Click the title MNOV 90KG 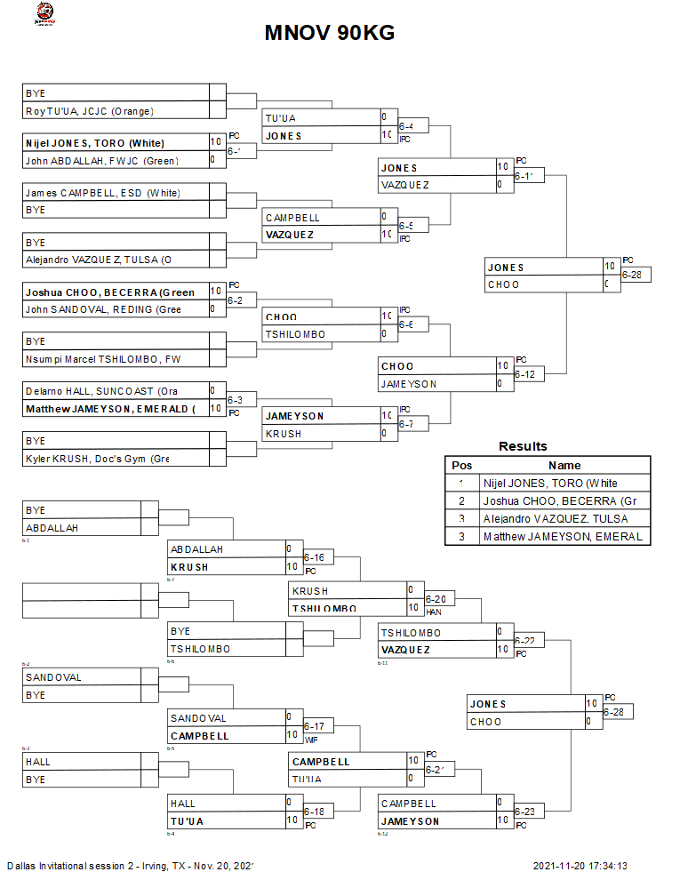point(330,33)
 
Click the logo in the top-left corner point(43,13)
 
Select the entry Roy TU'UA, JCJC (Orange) point(90,111)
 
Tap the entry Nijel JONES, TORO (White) point(95,142)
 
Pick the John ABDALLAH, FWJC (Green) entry point(101,160)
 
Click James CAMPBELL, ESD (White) point(102,192)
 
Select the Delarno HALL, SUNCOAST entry point(101,391)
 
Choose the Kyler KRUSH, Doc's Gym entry point(97,459)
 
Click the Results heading point(523,446)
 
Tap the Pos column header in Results point(462,465)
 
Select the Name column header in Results point(564,465)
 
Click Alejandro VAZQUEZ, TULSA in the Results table point(556,518)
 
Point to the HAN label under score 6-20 point(435,612)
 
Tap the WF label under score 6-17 point(311,740)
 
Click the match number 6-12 point(524,375)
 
